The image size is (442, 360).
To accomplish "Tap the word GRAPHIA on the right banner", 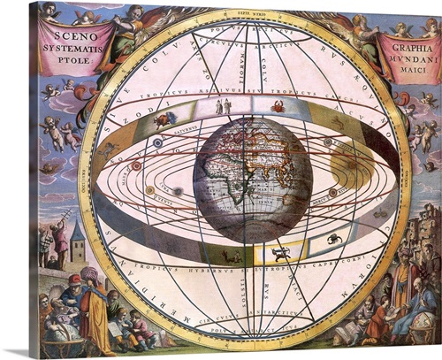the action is pos(409,39).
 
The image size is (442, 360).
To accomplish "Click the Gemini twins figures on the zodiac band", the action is pos(223,107).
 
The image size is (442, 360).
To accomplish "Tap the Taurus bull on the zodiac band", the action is pos(165,119).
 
